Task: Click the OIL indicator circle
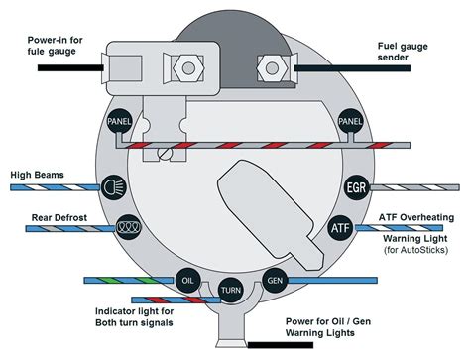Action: coord(187,281)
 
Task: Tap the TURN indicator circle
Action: coord(231,291)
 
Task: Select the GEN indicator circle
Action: coord(275,281)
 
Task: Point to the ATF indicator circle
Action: coord(340,228)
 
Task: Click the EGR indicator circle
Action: coord(357,187)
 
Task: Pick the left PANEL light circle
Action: coord(119,121)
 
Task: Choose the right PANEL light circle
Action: coord(350,121)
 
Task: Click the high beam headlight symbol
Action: coord(114,187)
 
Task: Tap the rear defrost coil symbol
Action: coord(129,227)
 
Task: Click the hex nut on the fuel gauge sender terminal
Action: coord(272,68)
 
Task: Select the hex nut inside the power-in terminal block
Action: coord(188,68)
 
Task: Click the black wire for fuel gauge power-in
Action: coord(70,67)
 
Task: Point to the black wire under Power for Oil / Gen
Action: coord(281,345)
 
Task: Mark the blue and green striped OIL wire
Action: coord(129,281)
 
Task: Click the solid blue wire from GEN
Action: coord(333,281)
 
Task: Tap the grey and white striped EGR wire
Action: coord(414,187)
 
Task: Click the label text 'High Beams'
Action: coord(37,175)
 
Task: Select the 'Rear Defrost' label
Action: coord(59,217)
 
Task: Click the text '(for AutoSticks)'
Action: coord(415,250)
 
